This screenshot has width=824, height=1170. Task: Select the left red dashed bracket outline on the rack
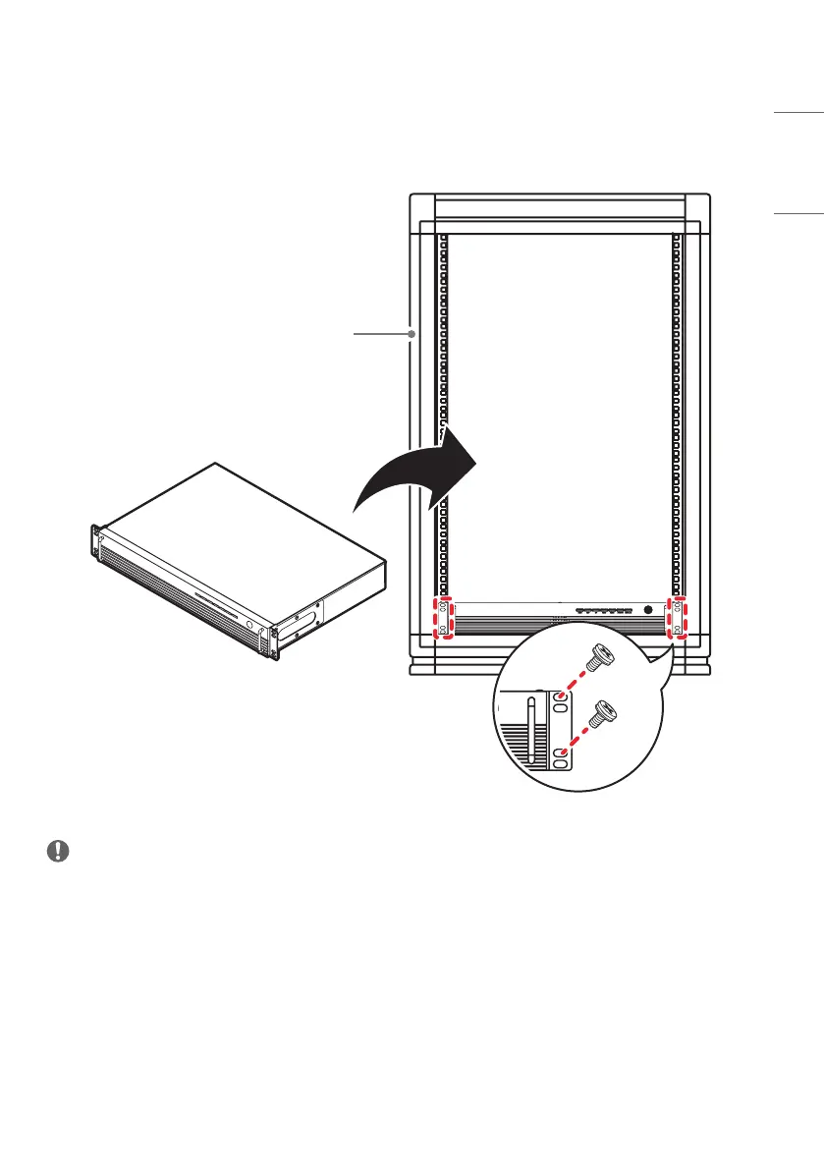pos(445,618)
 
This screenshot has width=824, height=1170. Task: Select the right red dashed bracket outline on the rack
pos(677,618)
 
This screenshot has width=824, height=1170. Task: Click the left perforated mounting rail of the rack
pos(443,413)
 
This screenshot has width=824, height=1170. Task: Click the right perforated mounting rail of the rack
pos(676,413)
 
